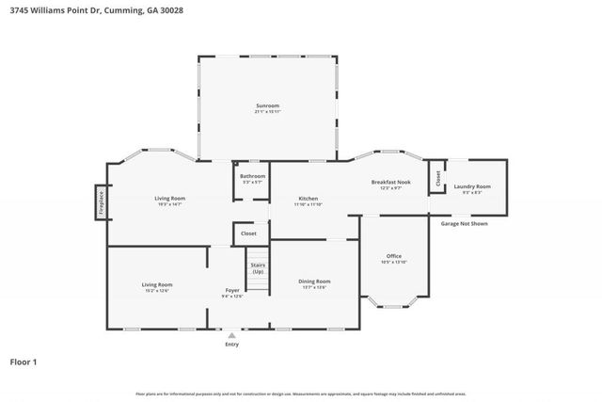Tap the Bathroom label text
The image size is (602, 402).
click(x=252, y=176)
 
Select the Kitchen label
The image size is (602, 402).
click(x=308, y=199)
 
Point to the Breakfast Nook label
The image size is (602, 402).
click(x=390, y=182)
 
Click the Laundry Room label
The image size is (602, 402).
click(x=472, y=186)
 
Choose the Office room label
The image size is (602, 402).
click(x=393, y=256)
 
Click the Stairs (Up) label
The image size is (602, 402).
click(x=258, y=267)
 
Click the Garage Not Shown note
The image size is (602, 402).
click(x=464, y=223)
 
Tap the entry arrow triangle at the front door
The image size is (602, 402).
click(x=231, y=335)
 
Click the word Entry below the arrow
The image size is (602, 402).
click(x=231, y=344)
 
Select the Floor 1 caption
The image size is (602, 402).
click(x=24, y=362)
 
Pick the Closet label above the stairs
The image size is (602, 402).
click(x=248, y=233)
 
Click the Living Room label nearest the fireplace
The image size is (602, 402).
click(x=170, y=198)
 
